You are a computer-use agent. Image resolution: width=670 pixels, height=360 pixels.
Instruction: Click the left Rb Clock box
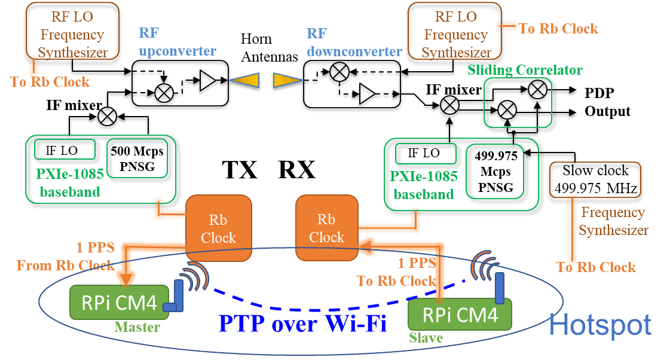pos(218,229)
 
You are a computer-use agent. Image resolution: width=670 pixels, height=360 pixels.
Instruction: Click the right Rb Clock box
pos(326,229)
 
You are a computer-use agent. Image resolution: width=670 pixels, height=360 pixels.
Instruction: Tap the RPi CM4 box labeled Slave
pos(460,315)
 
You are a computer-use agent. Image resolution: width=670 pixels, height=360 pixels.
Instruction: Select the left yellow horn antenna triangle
pos(246,80)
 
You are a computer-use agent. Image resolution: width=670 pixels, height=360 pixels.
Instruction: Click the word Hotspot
pos(599,325)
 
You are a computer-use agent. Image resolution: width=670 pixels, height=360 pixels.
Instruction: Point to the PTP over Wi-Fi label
pos(302,324)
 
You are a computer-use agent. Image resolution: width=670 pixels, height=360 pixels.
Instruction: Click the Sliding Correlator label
pos(525,71)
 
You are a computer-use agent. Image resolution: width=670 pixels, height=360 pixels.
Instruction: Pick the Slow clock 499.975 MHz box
pos(594,179)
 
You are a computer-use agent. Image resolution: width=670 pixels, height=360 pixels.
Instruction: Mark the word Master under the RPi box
pos(137,327)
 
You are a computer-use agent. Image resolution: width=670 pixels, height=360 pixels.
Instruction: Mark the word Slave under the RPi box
pos(426,338)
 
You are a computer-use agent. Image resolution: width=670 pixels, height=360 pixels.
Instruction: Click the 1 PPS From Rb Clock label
pos(66,256)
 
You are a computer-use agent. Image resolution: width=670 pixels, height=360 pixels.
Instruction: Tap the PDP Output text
pos(607,102)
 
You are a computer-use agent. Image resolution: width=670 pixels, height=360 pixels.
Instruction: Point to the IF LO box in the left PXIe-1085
pos(65,150)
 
